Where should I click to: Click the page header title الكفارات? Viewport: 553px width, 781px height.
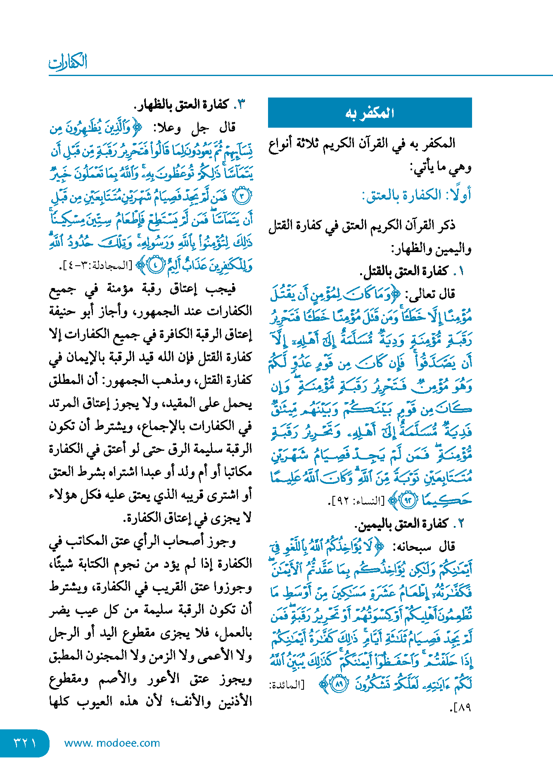(68, 62)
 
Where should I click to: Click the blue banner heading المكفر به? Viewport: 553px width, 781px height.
(370, 113)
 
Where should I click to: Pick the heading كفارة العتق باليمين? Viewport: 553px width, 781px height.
(401, 524)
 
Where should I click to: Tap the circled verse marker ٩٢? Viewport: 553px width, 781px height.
(408, 501)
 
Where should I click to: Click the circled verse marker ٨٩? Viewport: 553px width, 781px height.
(339, 684)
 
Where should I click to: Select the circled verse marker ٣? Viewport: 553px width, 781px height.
(242, 196)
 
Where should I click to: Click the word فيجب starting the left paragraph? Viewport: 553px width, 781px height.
(222, 288)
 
